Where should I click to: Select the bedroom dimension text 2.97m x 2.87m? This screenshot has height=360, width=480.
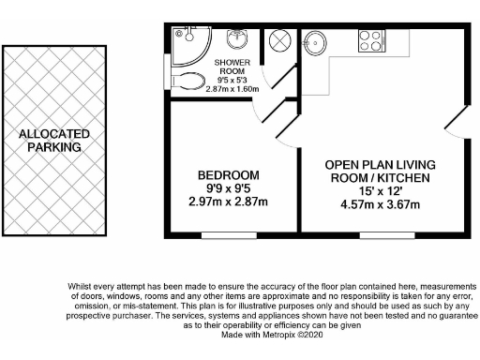pos(228,201)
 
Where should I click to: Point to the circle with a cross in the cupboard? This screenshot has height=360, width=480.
pos(280,42)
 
